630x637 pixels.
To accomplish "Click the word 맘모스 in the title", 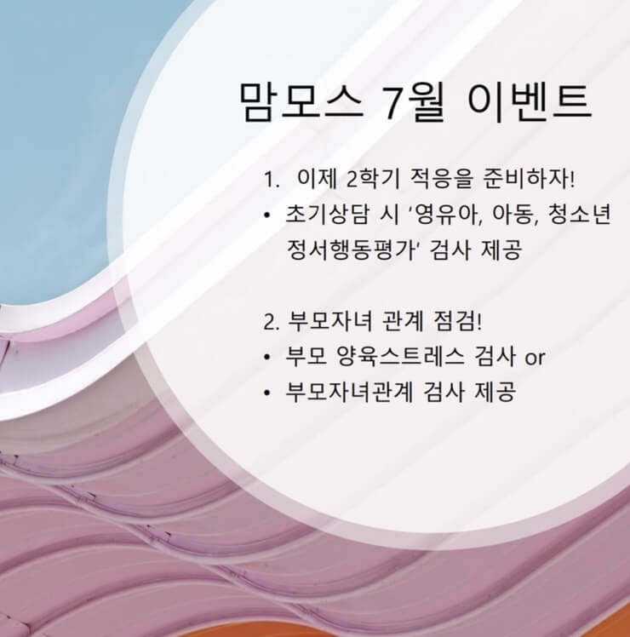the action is pyautogui.click(x=301, y=101).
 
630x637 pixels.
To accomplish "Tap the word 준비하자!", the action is pyautogui.click(x=529, y=179).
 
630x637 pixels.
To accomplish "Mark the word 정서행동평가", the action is pyautogui.click(x=351, y=250).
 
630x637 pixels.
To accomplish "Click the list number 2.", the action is pyautogui.click(x=271, y=323).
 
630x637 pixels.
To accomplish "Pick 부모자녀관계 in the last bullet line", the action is pyautogui.click(x=349, y=393).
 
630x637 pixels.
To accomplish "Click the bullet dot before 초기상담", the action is pyautogui.click(x=266, y=215).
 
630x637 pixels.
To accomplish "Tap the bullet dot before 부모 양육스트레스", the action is pyautogui.click(x=266, y=359).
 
